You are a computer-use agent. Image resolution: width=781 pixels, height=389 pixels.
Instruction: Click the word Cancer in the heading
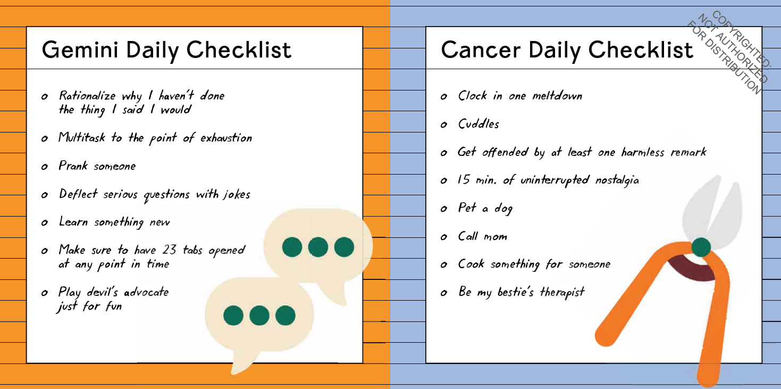[481, 50]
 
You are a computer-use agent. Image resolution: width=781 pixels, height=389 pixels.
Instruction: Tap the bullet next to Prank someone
[44, 167]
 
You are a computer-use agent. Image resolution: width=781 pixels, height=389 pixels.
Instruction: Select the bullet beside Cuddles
[443, 125]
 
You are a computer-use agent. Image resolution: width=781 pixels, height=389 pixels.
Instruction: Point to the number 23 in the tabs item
[170, 250]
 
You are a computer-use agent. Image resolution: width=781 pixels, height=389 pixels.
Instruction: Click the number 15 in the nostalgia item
[464, 180]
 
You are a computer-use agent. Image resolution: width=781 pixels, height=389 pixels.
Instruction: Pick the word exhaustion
[226, 138]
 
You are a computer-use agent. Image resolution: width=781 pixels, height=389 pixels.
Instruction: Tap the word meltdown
[557, 96]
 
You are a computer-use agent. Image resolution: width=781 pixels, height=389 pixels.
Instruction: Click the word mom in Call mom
[496, 237]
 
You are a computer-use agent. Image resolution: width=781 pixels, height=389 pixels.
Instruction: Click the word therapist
[562, 292]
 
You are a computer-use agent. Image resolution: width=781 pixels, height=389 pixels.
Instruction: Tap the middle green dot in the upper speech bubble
[318, 247]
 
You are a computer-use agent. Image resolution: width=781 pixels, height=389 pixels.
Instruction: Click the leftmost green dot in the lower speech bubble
[233, 316]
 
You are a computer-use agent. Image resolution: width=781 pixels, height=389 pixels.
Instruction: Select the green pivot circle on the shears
[701, 247]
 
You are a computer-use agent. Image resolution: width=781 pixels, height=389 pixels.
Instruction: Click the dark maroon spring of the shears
[692, 269]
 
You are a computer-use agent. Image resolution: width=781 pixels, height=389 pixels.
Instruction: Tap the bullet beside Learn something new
[44, 222]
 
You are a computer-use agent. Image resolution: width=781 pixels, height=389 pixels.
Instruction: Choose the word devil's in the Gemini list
[102, 292]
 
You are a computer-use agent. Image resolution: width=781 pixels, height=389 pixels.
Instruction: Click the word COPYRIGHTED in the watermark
[741, 39]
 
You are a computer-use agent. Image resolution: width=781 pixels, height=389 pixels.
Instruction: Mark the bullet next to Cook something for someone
[443, 265]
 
